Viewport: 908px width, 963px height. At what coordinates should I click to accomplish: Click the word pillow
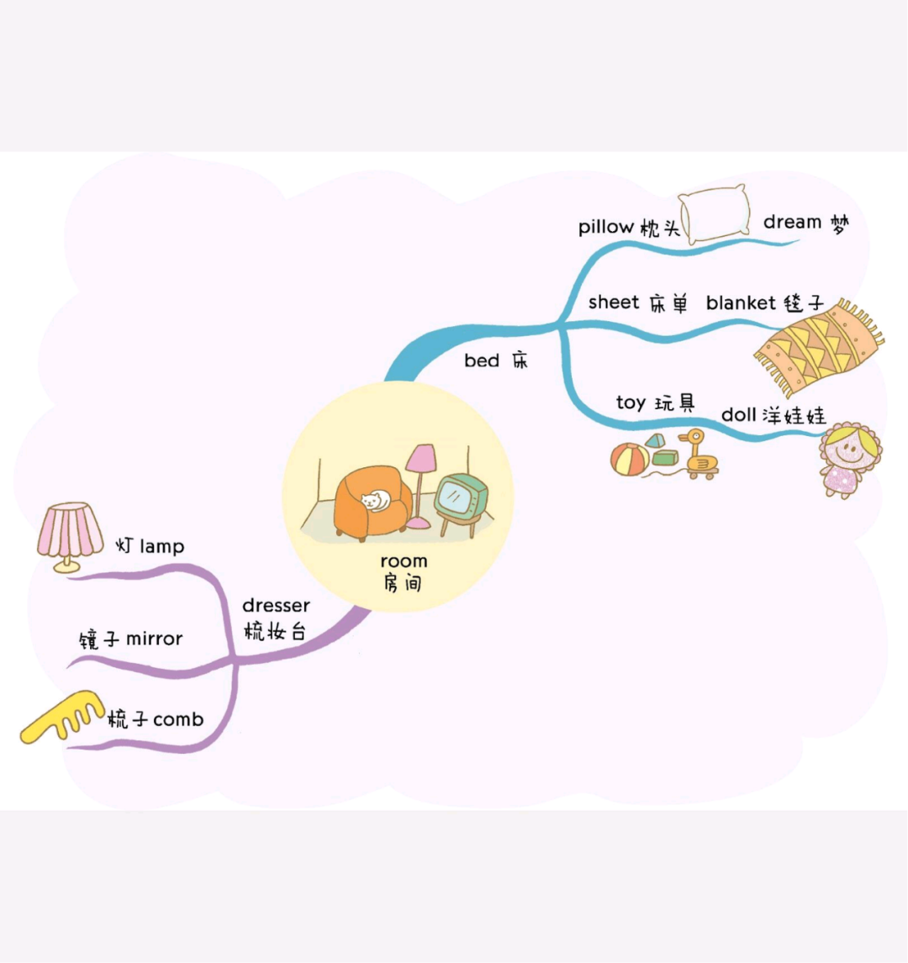(x=605, y=227)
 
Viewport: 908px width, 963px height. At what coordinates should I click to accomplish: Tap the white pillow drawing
(x=715, y=214)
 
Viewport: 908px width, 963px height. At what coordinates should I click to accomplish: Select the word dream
(x=792, y=222)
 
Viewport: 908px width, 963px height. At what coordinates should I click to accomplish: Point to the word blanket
(x=741, y=303)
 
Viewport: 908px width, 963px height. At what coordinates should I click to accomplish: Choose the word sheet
(x=614, y=303)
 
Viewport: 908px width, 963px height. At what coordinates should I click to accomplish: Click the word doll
(x=738, y=414)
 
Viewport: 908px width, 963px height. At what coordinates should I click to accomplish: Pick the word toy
(x=631, y=403)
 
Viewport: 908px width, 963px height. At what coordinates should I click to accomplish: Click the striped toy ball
(x=630, y=460)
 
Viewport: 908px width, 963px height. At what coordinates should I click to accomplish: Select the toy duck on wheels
(x=699, y=455)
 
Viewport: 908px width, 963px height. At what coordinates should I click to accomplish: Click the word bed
(x=482, y=360)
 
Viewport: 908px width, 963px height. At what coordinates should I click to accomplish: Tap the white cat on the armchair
(x=375, y=501)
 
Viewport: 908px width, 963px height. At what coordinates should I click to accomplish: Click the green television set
(x=461, y=503)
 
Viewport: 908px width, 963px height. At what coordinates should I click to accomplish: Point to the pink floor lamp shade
(x=421, y=459)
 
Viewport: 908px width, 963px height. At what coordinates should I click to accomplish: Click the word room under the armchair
(x=404, y=561)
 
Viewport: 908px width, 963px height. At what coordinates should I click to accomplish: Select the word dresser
(x=276, y=606)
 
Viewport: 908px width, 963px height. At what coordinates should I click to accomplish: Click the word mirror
(x=154, y=639)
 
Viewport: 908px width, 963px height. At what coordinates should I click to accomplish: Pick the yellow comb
(x=61, y=717)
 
